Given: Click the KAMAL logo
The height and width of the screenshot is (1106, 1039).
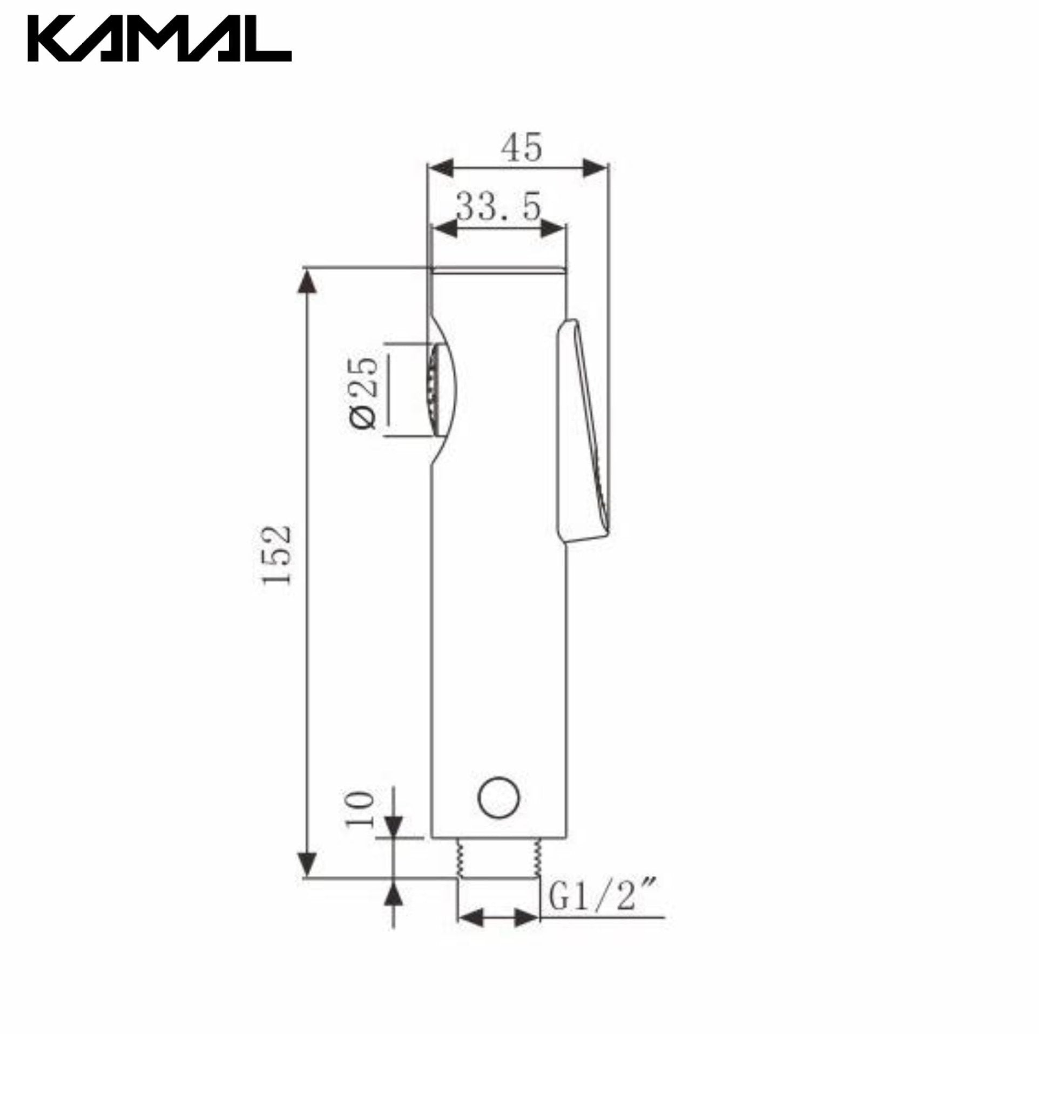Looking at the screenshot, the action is coord(160,38).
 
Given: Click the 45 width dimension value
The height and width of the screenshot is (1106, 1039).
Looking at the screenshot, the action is coord(521,148).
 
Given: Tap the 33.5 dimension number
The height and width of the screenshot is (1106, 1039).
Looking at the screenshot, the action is coord(498,206).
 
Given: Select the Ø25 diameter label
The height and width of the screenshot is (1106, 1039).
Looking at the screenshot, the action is coord(364,393).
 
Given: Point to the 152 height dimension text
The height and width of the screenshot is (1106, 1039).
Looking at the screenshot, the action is coord(276,555).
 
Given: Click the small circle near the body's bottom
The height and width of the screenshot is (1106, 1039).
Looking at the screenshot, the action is coord(498,797).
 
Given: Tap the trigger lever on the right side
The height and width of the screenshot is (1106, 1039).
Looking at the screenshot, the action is coord(583,430).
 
